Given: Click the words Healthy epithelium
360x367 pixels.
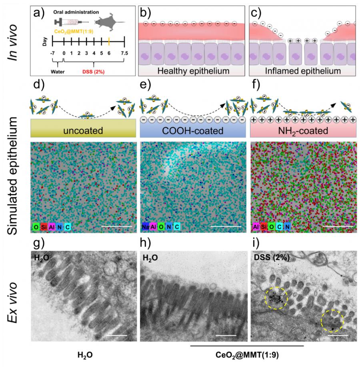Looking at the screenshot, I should pos(190,71).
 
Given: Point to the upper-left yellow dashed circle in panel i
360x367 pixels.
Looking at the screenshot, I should pos(276,299).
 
